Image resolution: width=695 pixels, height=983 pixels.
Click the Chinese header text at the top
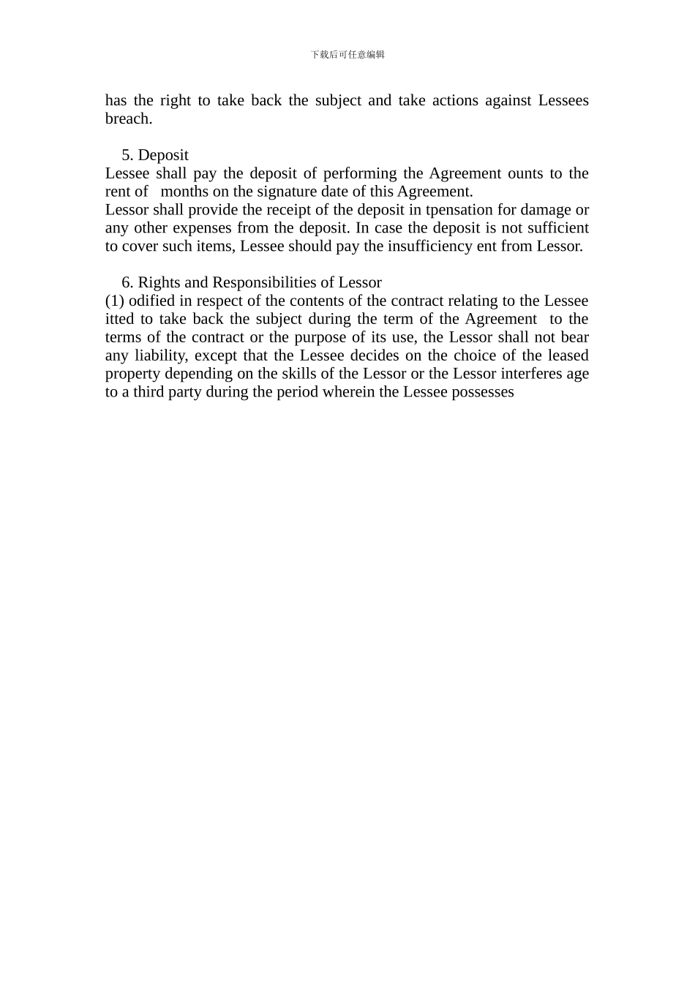coord(347,55)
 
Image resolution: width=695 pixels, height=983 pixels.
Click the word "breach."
coord(129,118)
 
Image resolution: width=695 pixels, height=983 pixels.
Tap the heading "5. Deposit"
coord(155,155)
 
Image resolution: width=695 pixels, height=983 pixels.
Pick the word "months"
coord(184,192)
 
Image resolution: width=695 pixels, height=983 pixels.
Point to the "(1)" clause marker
coord(115,301)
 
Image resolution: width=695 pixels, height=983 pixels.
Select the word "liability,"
coord(160,355)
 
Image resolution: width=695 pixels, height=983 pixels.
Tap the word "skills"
coord(302,374)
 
